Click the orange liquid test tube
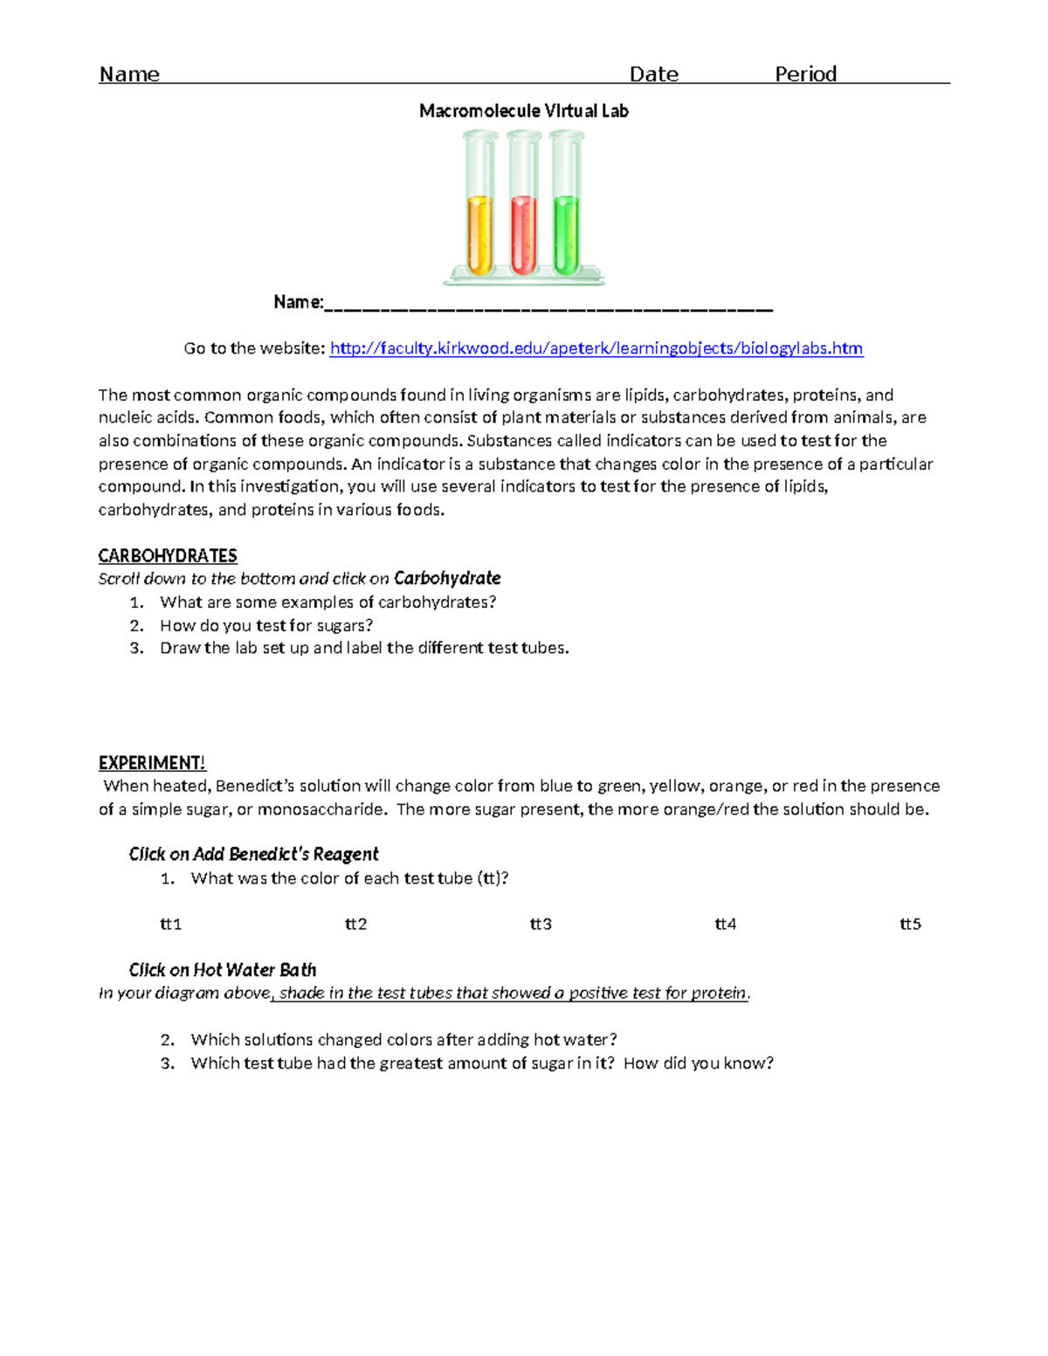click(479, 234)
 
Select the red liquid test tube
click(523, 234)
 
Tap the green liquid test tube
click(566, 234)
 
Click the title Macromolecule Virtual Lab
click(523, 111)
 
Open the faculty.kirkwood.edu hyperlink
click(596, 348)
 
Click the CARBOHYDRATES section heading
click(168, 556)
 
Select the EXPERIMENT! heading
click(152, 763)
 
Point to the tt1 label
click(170, 924)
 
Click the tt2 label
click(355, 924)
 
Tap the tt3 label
click(541, 924)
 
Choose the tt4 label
click(726, 924)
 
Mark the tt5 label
click(910, 924)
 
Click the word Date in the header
click(653, 74)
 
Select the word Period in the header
click(805, 74)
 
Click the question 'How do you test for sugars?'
click(266, 625)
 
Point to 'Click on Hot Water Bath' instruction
click(223, 970)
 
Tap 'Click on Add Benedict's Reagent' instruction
click(253, 854)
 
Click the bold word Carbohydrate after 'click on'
click(447, 578)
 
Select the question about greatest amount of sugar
click(482, 1063)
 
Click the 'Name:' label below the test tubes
click(298, 302)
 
